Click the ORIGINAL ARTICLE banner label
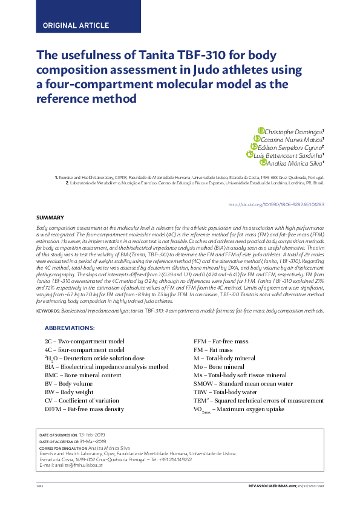pyautogui.click(x=76, y=25)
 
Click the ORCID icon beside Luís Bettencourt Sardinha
pyautogui.click(x=249, y=154)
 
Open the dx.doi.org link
pyautogui.click(x=276, y=204)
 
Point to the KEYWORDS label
pyautogui.click(x=48, y=311)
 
